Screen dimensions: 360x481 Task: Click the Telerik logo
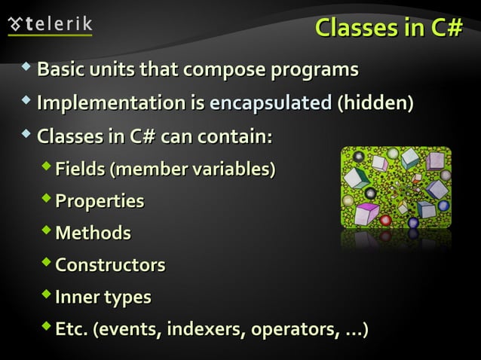(x=50, y=23)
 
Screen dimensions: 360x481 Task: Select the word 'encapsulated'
(x=271, y=104)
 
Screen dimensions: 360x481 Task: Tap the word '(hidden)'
(x=375, y=104)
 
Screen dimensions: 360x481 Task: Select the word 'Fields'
(x=80, y=169)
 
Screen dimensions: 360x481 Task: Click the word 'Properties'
(x=100, y=202)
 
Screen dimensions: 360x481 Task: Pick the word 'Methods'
(x=93, y=233)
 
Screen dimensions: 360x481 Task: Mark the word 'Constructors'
(x=110, y=266)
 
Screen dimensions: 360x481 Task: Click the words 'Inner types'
(x=103, y=298)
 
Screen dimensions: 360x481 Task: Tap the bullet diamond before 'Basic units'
(x=27, y=69)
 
